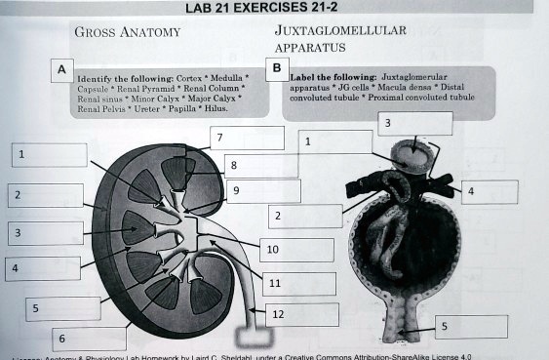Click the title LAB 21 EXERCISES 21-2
[x=274, y=9]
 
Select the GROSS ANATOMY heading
[x=127, y=33]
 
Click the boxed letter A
[x=61, y=71]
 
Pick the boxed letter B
[x=278, y=68]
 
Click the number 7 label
[x=220, y=138]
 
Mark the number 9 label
[x=236, y=190]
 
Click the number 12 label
[x=278, y=314]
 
